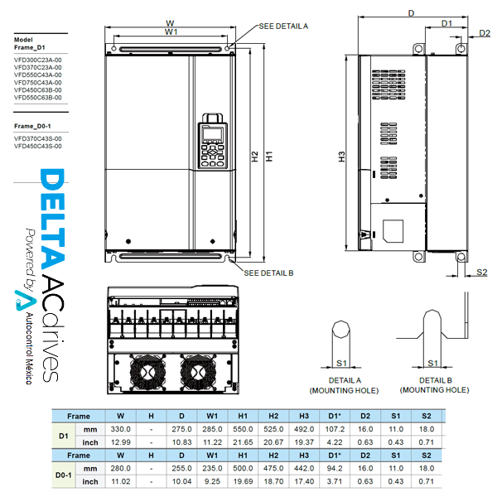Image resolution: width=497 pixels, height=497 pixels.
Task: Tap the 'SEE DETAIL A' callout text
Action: (284, 27)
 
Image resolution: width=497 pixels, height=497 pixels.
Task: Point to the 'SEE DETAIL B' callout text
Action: (268, 273)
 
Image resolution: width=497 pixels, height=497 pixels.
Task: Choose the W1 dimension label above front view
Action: (171, 31)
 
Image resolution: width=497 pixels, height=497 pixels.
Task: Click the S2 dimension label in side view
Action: (483, 273)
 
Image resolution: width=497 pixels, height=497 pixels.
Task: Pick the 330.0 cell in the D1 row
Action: (121, 429)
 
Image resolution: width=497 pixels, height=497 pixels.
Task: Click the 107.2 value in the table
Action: (335, 429)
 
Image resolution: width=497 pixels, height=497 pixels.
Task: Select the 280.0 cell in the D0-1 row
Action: (121, 468)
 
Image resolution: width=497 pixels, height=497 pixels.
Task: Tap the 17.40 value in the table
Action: (304, 480)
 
